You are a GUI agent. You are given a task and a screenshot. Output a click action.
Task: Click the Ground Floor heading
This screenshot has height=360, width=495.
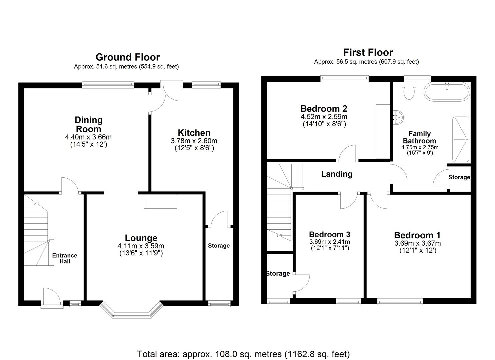click(128, 57)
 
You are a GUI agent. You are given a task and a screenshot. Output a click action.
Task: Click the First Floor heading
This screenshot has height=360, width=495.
click(368, 52)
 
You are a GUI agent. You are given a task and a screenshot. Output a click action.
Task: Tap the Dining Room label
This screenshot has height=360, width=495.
click(88, 124)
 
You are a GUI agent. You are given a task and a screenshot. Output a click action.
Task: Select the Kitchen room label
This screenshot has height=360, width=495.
click(194, 133)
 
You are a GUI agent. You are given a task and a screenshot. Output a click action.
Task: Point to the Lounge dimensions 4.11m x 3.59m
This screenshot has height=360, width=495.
click(141, 246)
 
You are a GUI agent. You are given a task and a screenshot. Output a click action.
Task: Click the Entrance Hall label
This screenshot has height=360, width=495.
click(65, 258)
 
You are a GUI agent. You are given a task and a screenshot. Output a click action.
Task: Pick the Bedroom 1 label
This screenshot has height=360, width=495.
click(417, 235)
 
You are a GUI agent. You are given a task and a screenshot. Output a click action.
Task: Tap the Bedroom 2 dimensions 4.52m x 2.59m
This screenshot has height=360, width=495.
click(324, 117)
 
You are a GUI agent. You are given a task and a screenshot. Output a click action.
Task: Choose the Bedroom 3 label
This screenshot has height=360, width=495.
click(329, 234)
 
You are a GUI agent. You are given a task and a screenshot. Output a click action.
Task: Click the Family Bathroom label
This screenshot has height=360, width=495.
click(419, 137)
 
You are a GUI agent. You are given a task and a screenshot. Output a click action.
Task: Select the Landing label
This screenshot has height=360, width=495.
click(337, 174)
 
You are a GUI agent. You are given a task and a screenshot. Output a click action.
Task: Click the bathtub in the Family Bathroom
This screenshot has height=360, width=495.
click(447, 91)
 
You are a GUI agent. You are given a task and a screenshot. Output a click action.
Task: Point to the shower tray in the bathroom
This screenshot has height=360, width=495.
click(460, 139)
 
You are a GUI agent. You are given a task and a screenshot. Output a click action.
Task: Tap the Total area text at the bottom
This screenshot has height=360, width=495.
click(243, 354)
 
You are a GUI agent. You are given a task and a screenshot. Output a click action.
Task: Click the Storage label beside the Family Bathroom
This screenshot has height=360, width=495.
click(459, 177)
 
